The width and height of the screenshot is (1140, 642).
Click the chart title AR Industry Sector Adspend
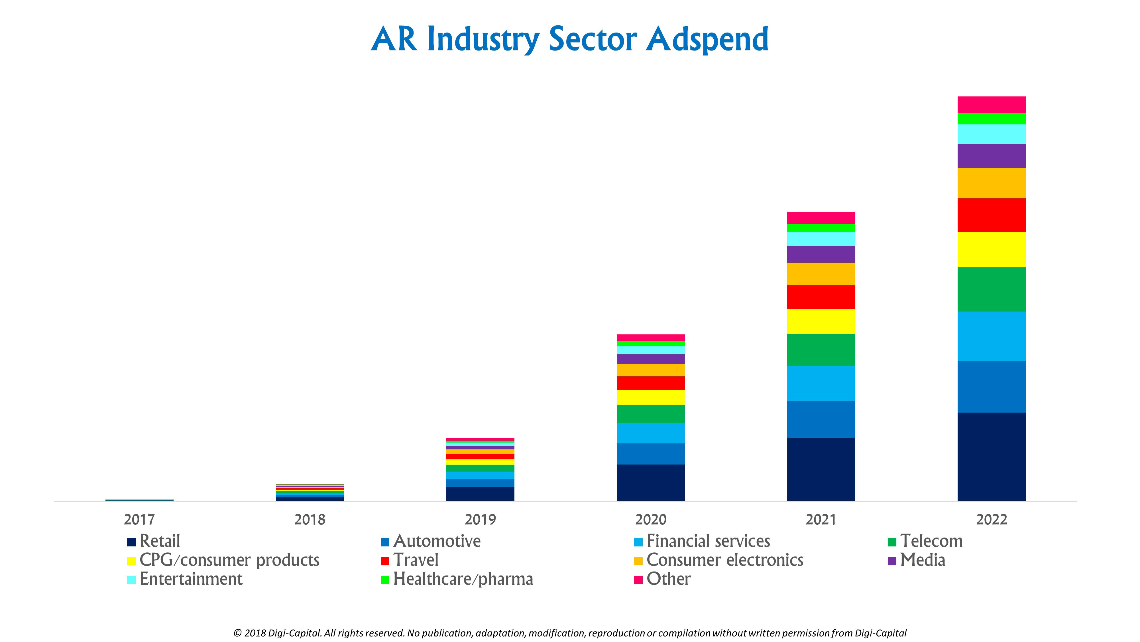[569, 40]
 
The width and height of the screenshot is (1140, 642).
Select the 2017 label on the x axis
[139, 519]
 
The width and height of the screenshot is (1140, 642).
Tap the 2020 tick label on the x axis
[651, 519]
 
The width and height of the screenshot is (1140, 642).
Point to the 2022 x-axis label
[991, 519]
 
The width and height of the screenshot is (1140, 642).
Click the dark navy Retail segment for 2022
[991, 456]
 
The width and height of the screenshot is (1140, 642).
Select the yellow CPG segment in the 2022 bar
[991, 249]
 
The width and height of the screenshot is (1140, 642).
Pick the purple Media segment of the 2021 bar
[821, 254]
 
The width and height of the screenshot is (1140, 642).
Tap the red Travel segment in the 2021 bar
[821, 296]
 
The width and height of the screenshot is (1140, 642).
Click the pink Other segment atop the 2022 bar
[991, 104]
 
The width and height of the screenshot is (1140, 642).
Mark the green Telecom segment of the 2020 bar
[651, 414]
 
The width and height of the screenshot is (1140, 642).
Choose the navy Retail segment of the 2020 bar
[651, 482]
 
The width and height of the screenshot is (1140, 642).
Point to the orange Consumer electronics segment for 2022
[991, 183]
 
